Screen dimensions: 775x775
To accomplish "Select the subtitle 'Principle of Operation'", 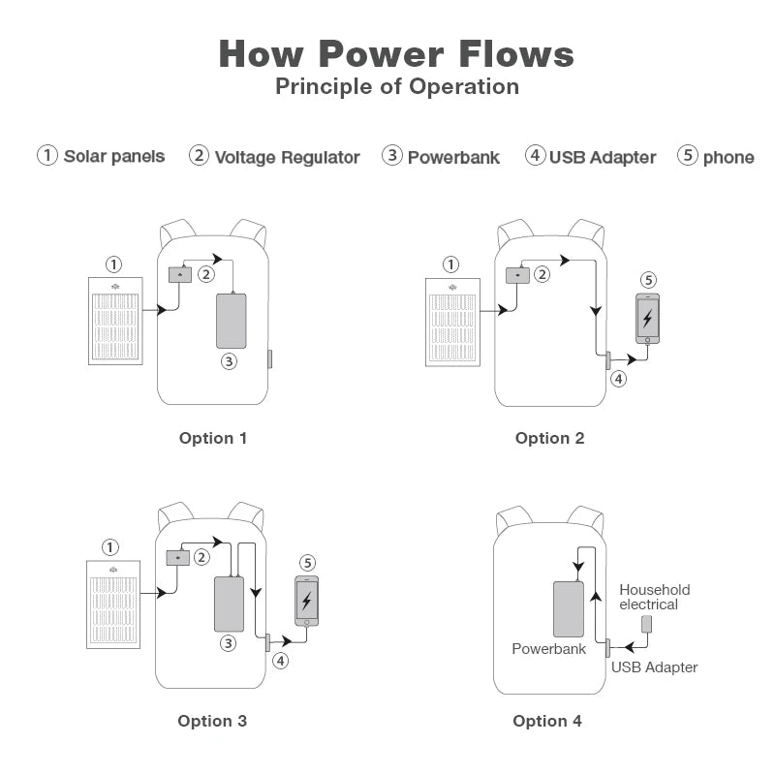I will coord(396,86).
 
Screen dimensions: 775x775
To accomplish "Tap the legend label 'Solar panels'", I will coord(114,156).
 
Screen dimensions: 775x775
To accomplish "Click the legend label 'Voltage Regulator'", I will coord(287,157).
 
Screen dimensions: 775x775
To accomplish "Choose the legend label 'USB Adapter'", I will coord(603,157).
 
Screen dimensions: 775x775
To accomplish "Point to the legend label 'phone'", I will coord(728,157).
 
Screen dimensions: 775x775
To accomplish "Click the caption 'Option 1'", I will coord(213,438).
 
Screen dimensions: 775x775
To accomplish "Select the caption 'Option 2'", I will coord(549,438).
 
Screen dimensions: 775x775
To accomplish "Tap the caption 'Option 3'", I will coord(212,721).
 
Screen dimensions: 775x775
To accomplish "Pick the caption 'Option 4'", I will coord(547,721).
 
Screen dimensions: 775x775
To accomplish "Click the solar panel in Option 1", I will coord(115,321).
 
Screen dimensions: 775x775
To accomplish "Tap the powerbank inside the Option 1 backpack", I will coord(231,321).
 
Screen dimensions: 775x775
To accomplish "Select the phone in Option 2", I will coord(647,319).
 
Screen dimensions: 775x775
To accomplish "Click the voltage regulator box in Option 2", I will coord(517,275).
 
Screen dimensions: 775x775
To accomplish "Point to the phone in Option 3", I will coord(307,602).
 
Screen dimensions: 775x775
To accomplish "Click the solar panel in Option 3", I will coord(113,604).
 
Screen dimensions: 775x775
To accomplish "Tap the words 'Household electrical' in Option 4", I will coord(654,597).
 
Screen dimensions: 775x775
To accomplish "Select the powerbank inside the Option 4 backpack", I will coord(569,609).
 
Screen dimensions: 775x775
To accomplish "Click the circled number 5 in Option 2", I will coord(648,280).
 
